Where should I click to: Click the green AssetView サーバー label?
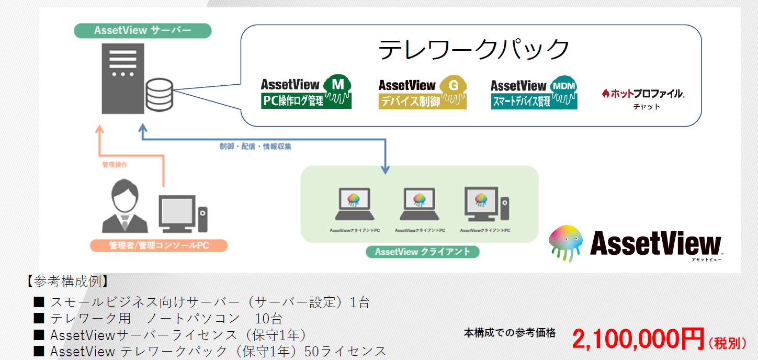pyautogui.click(x=142, y=30)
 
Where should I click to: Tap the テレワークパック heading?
pyautogui.click(x=473, y=50)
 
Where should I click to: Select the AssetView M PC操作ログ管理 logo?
pyautogui.click(x=306, y=92)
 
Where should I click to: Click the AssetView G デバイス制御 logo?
pyautogui.click(x=422, y=93)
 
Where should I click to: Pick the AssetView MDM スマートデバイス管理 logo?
pyautogui.click(x=534, y=93)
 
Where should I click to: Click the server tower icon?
pyautogui.click(x=122, y=78)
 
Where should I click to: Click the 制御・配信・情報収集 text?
pyautogui.click(x=255, y=147)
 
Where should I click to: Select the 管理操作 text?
pyautogui.click(x=115, y=165)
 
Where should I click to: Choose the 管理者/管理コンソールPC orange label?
pyautogui.click(x=159, y=245)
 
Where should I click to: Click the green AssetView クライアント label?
pyautogui.click(x=423, y=252)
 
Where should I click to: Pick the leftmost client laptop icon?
pyautogui.click(x=354, y=204)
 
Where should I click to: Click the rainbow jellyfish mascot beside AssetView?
pyautogui.click(x=565, y=242)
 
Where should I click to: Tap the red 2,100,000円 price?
pyautogui.click(x=638, y=340)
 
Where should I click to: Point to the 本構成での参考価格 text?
pyautogui.click(x=510, y=332)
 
